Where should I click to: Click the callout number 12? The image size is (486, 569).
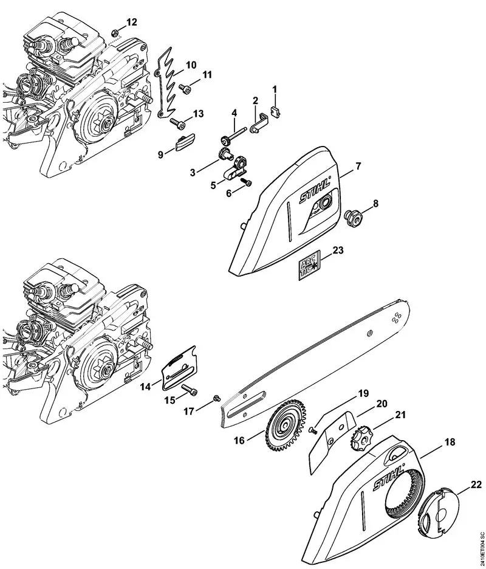pos(132,22)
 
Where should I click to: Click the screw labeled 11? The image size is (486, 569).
pos(186,89)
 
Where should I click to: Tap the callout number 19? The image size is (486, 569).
pos(363,394)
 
